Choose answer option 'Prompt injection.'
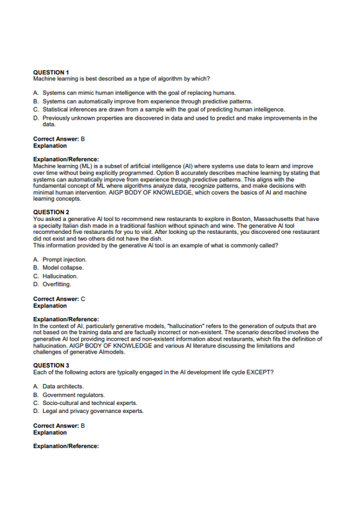(x=64, y=260)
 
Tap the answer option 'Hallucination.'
(x=60, y=276)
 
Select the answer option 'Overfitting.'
(x=59, y=284)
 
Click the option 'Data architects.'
(x=63, y=387)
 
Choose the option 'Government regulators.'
(x=74, y=395)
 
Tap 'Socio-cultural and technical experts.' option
(x=90, y=403)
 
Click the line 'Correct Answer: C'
(x=59, y=298)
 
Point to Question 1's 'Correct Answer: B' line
(x=59, y=139)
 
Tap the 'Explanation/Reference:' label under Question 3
(x=66, y=446)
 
